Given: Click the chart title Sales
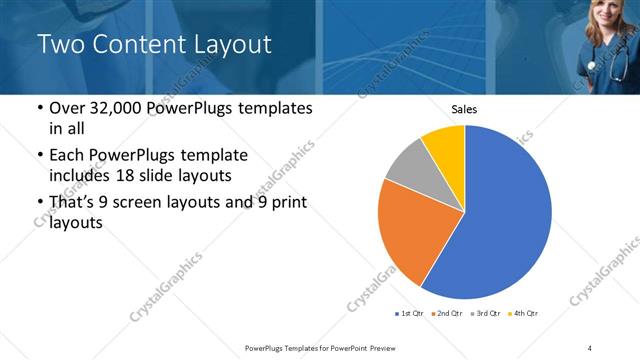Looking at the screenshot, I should point(464,109).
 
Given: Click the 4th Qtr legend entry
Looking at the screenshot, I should point(524,314).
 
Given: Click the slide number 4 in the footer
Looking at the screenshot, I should point(590,347).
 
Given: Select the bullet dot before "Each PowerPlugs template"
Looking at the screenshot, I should point(39,156).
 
